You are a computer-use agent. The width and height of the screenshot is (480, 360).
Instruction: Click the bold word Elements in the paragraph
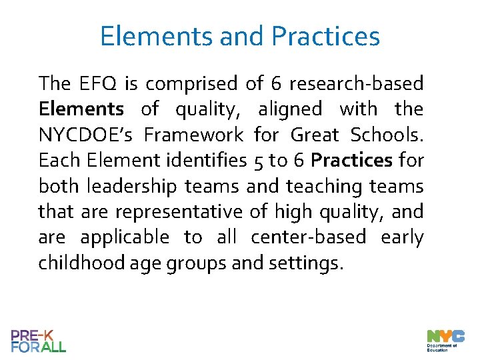(81, 109)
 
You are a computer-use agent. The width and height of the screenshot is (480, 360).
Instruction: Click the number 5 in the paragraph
(258, 161)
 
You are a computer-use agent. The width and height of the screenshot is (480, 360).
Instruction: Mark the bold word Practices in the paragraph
(351, 161)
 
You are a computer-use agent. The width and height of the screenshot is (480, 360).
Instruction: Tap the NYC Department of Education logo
(441, 339)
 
